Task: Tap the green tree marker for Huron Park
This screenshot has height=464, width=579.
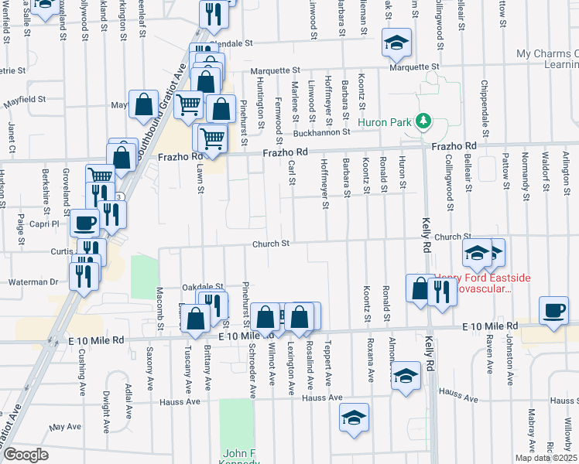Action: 423,121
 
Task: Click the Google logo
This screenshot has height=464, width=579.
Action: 26,455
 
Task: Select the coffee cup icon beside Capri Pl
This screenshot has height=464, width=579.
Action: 84,223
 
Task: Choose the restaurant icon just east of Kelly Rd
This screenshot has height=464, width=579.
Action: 441,291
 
